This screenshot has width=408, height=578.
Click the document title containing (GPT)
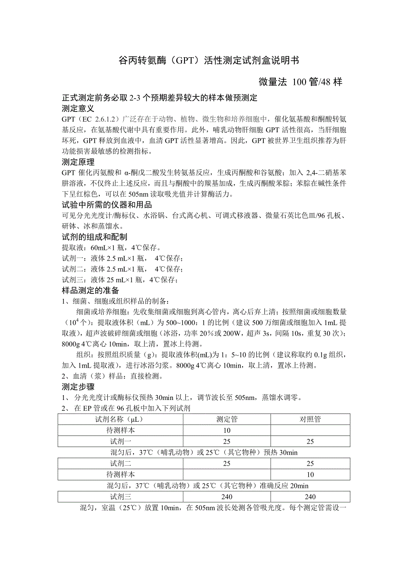[204, 61]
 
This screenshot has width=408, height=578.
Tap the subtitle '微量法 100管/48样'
[300, 82]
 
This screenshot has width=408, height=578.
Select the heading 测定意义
[78, 108]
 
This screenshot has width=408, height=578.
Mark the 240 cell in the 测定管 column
[226, 497]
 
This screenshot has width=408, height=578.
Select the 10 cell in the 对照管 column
[310, 475]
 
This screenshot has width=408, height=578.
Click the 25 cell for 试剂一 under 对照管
[310, 441]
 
